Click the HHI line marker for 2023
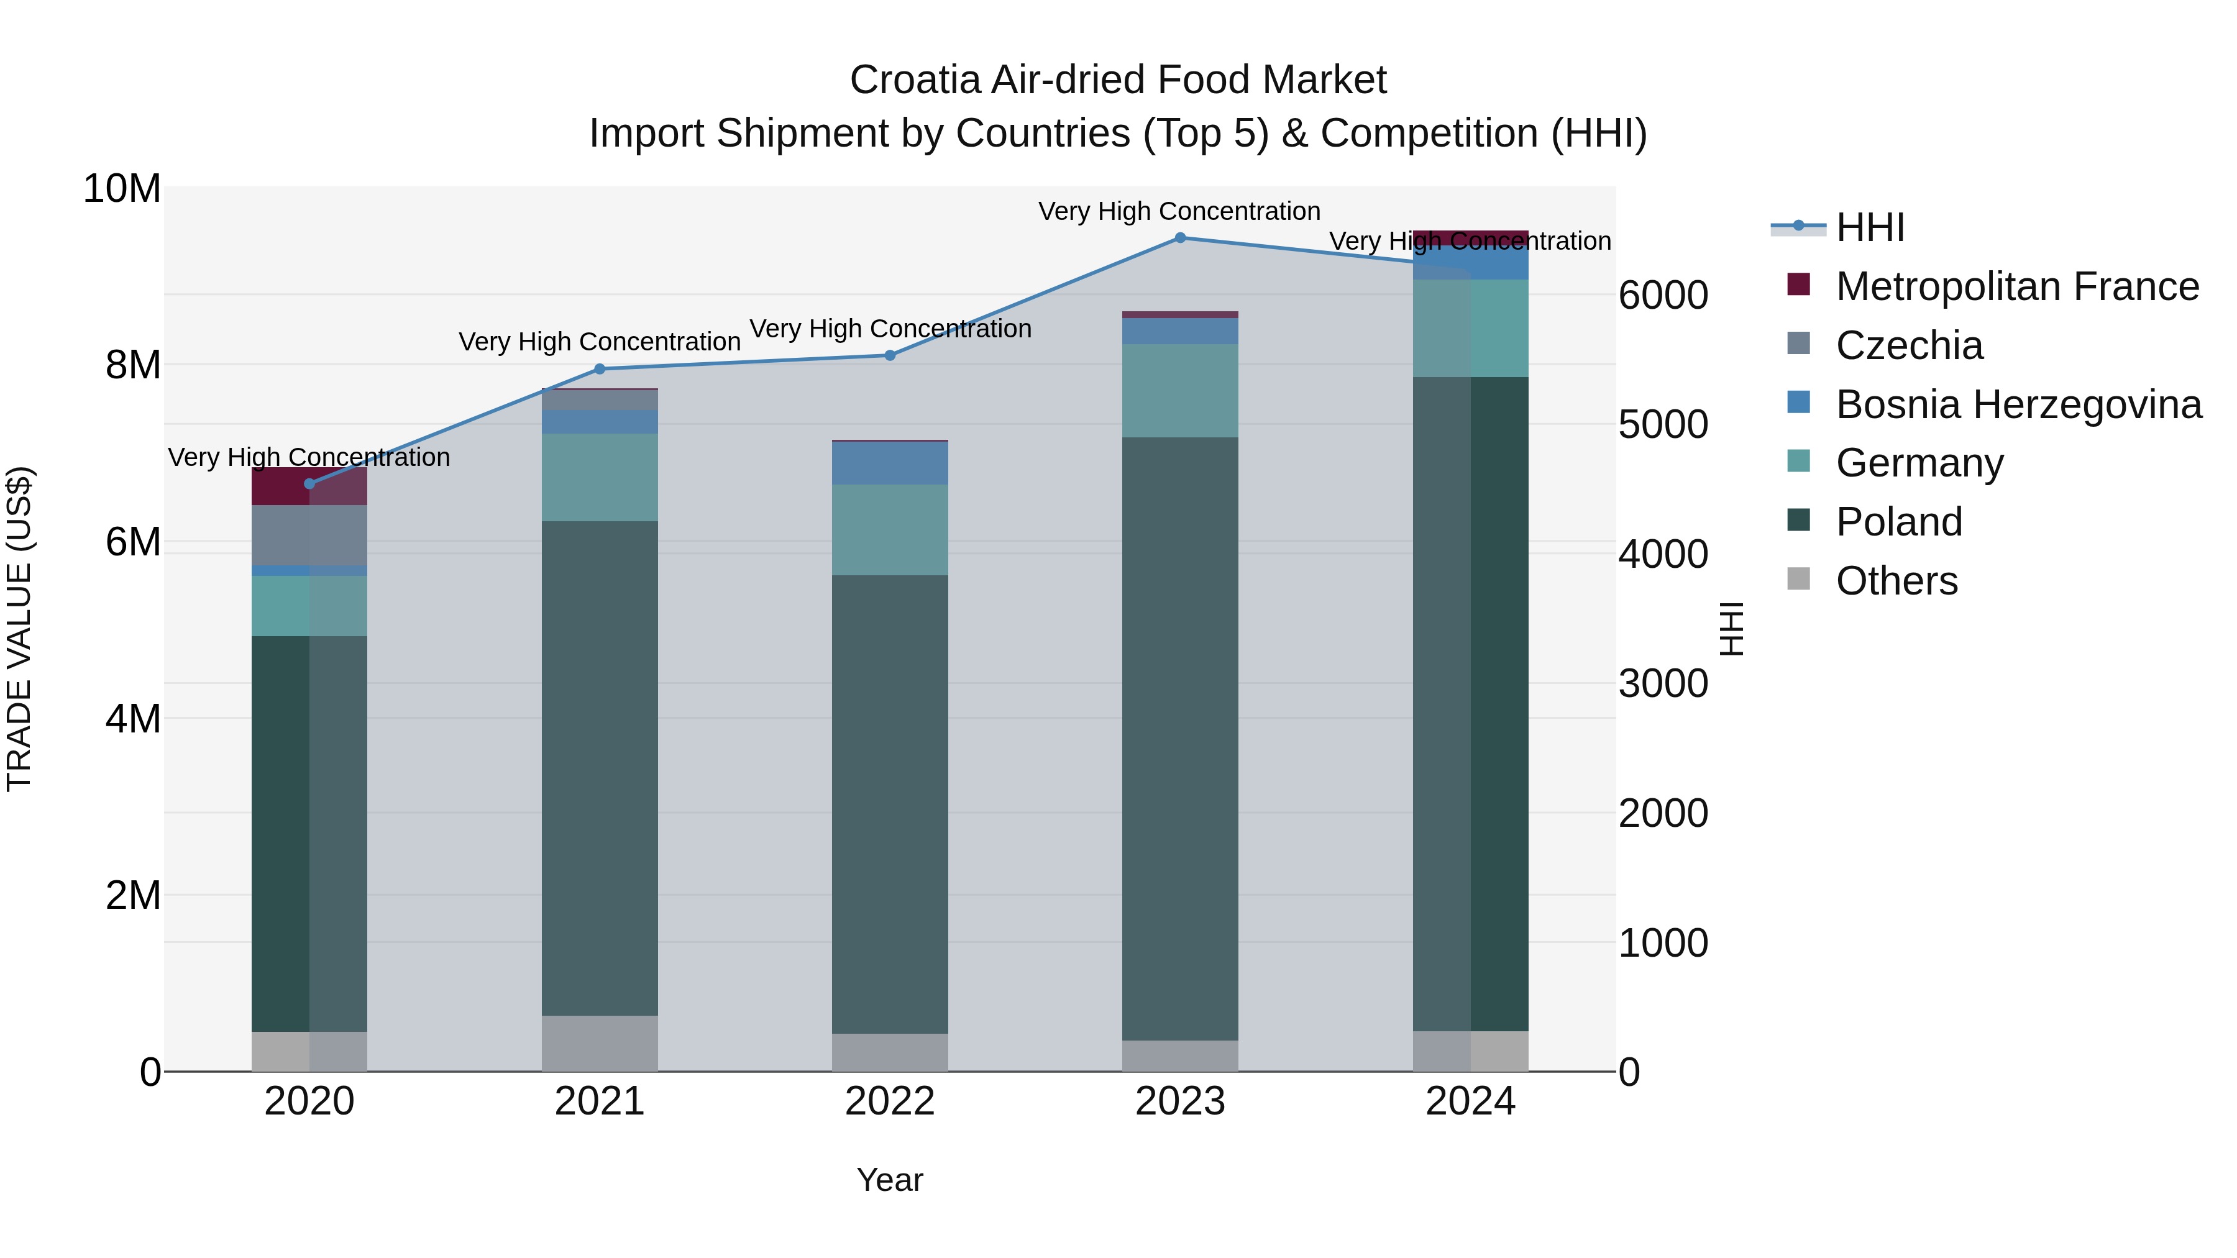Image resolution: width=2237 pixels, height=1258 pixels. [1179, 238]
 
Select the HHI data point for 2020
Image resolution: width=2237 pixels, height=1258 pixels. [309, 483]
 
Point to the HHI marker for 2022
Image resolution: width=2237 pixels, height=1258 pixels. [889, 355]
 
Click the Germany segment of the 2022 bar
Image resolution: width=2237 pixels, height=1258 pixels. [889, 529]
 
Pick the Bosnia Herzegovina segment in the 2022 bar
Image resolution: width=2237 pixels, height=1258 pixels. [889, 463]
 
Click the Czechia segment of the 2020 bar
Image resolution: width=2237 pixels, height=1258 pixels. [309, 535]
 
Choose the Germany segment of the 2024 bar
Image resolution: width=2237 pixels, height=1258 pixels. [1470, 328]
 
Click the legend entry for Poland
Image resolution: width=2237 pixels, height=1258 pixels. [1898, 522]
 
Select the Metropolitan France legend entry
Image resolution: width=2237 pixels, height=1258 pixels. [2016, 286]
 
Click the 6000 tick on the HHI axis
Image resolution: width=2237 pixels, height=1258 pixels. [1663, 295]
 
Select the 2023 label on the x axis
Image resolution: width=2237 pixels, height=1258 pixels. [1179, 1101]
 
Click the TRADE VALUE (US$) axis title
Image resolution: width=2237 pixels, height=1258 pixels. [20, 629]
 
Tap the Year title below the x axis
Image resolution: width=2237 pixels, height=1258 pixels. [889, 1180]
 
